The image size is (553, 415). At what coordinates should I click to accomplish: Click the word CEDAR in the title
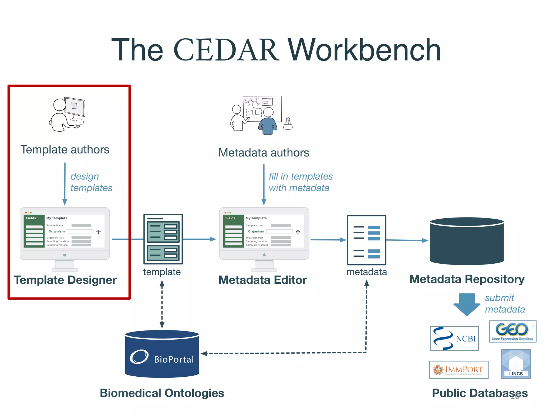point(226,50)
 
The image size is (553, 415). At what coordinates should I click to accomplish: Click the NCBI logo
point(454,338)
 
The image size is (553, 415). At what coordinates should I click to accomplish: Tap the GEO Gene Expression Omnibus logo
point(512,332)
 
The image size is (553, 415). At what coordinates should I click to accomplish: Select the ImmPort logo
point(458,370)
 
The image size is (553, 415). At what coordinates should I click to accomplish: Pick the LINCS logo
point(516,364)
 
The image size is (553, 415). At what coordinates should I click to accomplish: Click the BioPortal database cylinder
point(162,354)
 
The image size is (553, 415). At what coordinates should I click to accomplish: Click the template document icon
point(163,239)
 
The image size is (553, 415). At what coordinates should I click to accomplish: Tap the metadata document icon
point(366,240)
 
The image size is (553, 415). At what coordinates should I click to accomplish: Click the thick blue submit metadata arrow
point(467,304)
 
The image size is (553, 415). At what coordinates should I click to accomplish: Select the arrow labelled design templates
point(65,184)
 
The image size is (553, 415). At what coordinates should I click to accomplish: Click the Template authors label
point(65,150)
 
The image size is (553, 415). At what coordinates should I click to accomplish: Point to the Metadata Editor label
point(262,280)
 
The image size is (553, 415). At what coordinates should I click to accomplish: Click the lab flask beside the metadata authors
point(288,124)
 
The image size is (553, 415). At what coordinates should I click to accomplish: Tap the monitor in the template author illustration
point(75,107)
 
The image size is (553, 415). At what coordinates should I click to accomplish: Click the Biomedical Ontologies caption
point(162,393)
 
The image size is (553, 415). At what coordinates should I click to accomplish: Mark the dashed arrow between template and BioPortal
point(162,304)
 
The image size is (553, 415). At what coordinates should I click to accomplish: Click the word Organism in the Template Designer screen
point(57,232)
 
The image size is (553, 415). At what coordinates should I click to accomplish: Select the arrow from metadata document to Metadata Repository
point(407,240)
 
